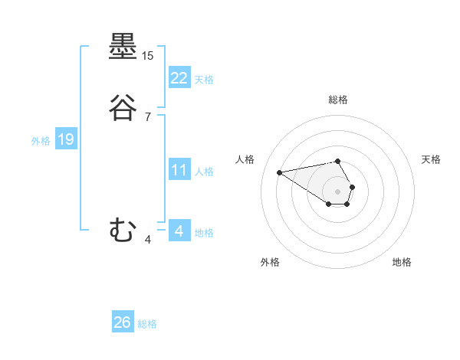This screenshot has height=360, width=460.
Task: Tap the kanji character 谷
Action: [x=123, y=108]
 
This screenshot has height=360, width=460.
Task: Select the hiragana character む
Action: [x=123, y=230]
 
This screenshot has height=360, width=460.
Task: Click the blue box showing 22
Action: [x=179, y=78]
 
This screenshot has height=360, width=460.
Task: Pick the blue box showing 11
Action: [x=179, y=170]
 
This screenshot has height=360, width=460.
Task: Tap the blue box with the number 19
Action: [x=65, y=139]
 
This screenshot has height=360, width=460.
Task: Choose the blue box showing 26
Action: [x=123, y=322]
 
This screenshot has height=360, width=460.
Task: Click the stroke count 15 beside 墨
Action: [x=148, y=56]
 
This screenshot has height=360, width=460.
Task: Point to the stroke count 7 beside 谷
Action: [x=148, y=117]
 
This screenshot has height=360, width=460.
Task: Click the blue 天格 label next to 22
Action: [x=204, y=79]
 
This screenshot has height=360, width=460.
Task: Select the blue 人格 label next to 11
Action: [x=204, y=171]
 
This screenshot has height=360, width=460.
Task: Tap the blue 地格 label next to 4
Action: [x=204, y=232]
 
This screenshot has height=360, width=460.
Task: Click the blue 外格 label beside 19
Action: [x=41, y=140]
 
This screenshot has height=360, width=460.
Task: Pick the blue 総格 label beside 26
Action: [x=147, y=324]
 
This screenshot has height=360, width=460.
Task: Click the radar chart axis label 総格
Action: [x=337, y=100]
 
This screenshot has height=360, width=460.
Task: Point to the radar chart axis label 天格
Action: [x=431, y=159]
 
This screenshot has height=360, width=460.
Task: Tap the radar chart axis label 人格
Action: [x=245, y=159]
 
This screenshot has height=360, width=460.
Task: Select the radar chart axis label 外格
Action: [x=270, y=262]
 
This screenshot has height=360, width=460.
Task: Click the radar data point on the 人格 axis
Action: [x=280, y=172]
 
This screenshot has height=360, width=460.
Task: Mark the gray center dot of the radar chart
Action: [x=337, y=190]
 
